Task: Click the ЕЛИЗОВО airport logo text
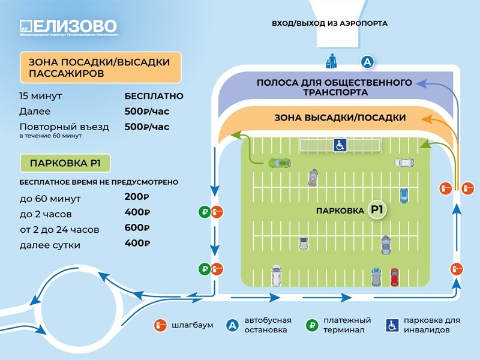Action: [x=76, y=26]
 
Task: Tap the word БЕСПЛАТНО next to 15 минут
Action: [x=154, y=96]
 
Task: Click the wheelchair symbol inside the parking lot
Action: [x=340, y=145]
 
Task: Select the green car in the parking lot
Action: [x=280, y=163]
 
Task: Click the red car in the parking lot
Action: [x=394, y=277]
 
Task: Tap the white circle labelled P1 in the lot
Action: [x=377, y=210]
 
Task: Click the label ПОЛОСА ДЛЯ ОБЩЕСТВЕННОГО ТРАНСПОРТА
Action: [x=334, y=87]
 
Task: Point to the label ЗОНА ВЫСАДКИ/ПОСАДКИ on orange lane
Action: [x=340, y=118]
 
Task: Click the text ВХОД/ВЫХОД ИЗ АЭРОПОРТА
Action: [x=329, y=23]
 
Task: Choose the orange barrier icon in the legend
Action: [x=161, y=325]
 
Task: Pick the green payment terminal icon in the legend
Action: [x=312, y=325]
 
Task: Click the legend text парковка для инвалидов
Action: [x=432, y=325]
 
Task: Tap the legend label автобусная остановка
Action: [x=268, y=325]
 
